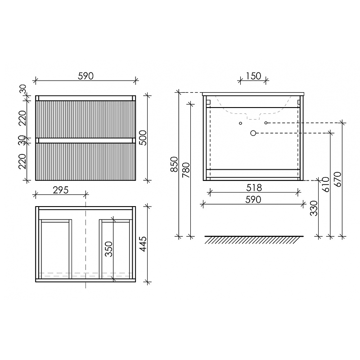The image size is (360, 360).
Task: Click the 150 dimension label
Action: click(x=253, y=76)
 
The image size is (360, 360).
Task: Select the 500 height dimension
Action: click(x=143, y=138)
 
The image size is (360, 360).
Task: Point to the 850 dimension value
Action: click(x=174, y=164)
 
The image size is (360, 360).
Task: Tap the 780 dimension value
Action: click(x=186, y=170)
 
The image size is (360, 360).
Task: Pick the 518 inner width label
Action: click(x=254, y=188)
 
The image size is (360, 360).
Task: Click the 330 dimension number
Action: click(x=314, y=208)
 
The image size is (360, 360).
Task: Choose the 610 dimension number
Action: click(x=325, y=184)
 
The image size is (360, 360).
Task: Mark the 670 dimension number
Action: click(x=337, y=179)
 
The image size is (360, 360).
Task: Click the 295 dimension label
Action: click(x=61, y=190)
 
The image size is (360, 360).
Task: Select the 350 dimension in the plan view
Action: click(x=108, y=249)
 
